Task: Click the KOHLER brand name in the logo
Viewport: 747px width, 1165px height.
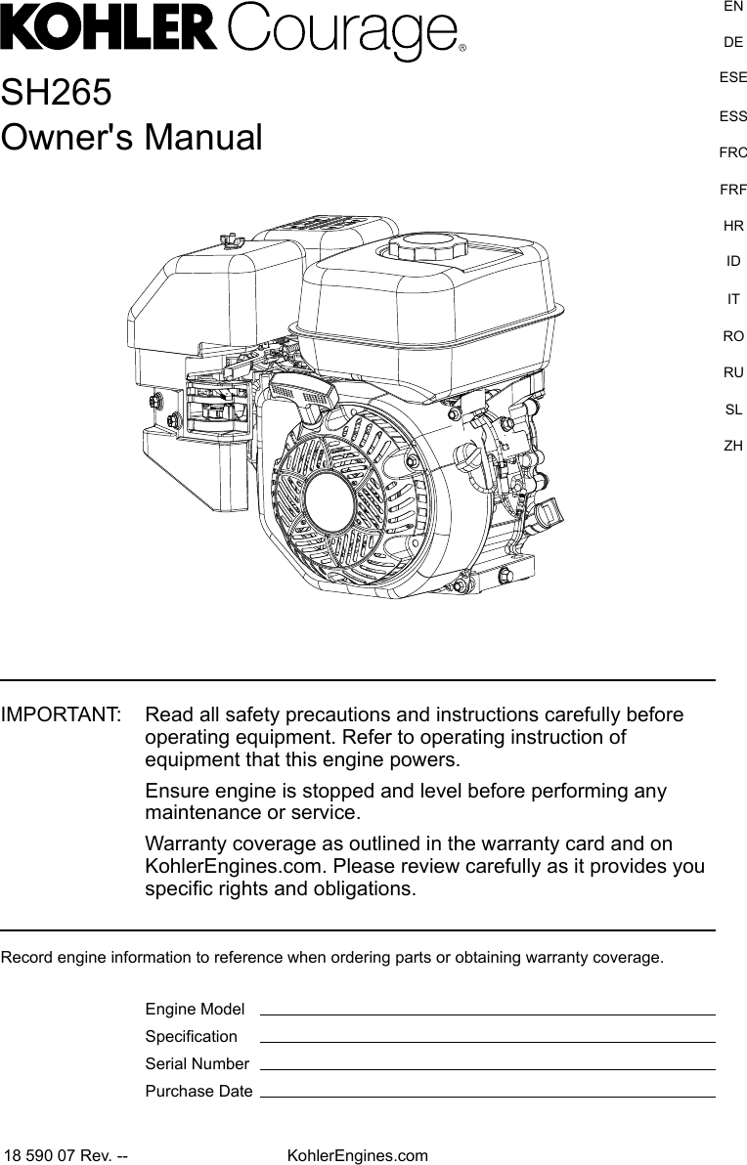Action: (x=110, y=30)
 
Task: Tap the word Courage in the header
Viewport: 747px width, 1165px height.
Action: (x=342, y=34)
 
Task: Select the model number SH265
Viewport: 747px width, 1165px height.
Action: (x=56, y=93)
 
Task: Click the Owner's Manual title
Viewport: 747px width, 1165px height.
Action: (x=132, y=138)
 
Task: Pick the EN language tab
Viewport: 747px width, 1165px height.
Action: (x=733, y=7)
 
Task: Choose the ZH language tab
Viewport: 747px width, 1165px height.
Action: (x=733, y=446)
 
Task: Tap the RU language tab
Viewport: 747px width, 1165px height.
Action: (x=733, y=372)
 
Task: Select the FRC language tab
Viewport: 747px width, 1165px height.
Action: (x=733, y=152)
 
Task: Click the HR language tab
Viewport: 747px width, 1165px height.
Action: (x=733, y=226)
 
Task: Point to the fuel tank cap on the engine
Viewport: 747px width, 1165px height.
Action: (x=424, y=243)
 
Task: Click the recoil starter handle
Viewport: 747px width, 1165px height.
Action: (x=305, y=396)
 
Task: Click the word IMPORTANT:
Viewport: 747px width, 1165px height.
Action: (x=62, y=715)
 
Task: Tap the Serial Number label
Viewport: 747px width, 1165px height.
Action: (x=197, y=1063)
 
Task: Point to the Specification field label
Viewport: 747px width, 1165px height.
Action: (x=191, y=1036)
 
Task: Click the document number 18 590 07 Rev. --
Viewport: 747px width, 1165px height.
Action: (x=66, y=1156)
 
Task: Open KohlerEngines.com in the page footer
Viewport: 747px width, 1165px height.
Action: (x=357, y=1156)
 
